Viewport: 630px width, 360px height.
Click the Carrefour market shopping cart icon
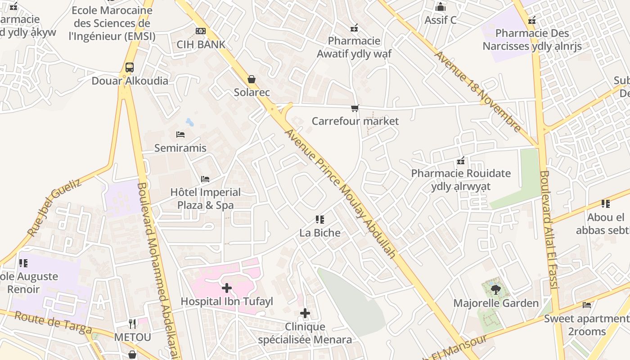coord(355,108)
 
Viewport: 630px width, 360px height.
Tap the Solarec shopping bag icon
coord(252,79)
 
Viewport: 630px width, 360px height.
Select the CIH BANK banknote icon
coord(201,31)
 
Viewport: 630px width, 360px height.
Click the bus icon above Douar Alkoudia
coord(130,67)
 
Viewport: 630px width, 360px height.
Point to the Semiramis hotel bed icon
coord(180,135)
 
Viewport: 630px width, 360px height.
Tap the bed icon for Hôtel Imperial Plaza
coord(205,179)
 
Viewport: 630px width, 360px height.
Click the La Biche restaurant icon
coord(320,220)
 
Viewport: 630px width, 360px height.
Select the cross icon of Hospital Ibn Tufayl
coord(227,288)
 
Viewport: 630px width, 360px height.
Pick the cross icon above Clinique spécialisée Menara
coord(305,313)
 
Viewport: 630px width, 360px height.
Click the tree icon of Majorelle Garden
coord(496,290)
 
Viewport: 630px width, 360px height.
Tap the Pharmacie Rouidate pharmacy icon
coord(461,161)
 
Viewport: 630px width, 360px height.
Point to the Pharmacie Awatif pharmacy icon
coord(354,28)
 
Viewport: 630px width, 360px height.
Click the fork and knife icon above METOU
coord(132,324)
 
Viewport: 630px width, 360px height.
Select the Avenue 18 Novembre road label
coord(478,92)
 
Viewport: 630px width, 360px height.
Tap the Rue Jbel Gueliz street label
coord(54,207)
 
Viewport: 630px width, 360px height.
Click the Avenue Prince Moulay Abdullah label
coord(341,193)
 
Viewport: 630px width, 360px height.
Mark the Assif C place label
coord(441,20)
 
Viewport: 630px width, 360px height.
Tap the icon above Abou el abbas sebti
coord(606,204)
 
